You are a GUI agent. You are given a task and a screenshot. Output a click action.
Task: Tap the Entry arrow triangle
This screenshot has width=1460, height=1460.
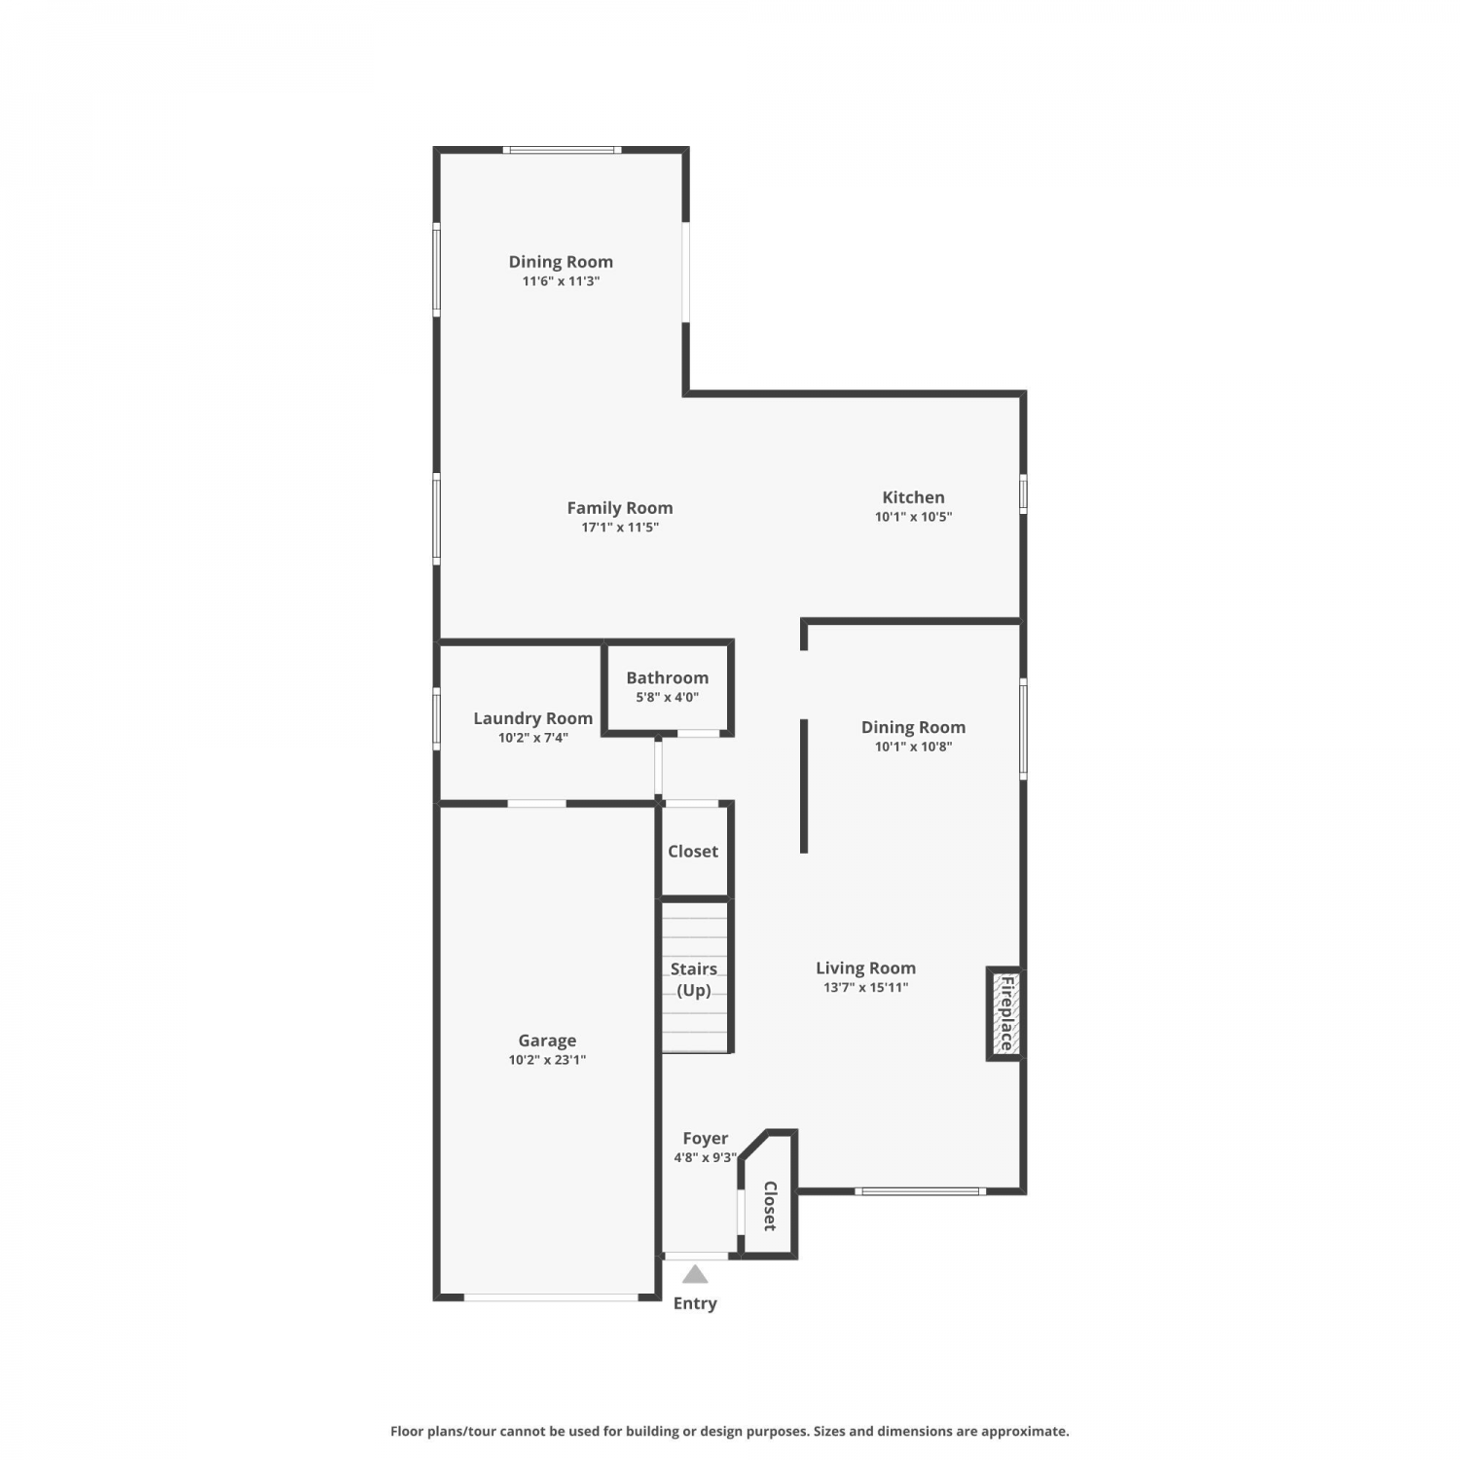[695, 1273]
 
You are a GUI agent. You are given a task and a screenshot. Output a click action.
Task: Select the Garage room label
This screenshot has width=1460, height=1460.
[547, 1040]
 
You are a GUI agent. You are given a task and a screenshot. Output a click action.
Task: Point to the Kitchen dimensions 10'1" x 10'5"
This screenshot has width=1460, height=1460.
[913, 517]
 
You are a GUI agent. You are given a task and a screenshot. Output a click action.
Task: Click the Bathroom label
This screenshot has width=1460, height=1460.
[667, 677]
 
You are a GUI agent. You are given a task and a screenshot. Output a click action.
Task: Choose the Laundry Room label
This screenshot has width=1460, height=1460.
[532, 718]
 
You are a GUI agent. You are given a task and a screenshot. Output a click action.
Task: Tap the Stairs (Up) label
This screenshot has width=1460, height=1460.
[694, 979]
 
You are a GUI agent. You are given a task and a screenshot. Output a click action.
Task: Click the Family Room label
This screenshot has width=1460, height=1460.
[620, 507]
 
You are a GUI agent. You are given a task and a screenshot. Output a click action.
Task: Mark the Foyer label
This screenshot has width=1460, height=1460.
[706, 1138]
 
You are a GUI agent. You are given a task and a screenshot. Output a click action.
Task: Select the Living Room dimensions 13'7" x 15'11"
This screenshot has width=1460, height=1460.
[865, 987]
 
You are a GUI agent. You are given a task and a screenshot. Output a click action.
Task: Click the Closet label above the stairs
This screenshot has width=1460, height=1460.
[693, 851]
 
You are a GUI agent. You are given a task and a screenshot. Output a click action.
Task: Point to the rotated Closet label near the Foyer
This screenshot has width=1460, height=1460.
[770, 1206]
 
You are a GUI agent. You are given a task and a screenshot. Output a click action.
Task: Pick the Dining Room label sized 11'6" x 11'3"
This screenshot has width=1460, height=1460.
[561, 261]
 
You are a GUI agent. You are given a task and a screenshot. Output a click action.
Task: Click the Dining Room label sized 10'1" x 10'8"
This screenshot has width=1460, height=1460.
[913, 727]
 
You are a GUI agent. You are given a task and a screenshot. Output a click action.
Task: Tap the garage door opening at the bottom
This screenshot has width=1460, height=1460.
[551, 1296]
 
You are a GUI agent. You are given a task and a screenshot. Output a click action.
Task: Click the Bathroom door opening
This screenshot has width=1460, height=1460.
[698, 732]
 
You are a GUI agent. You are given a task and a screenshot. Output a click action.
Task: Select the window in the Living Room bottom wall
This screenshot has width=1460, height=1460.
[920, 1190]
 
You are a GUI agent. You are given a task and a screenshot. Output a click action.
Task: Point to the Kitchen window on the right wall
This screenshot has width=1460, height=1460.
[1023, 493]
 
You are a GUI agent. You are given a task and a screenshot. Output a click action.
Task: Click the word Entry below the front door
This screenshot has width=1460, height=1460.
[695, 1303]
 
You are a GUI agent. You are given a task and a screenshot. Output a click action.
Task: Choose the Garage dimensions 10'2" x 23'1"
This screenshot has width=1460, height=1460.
[547, 1060]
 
